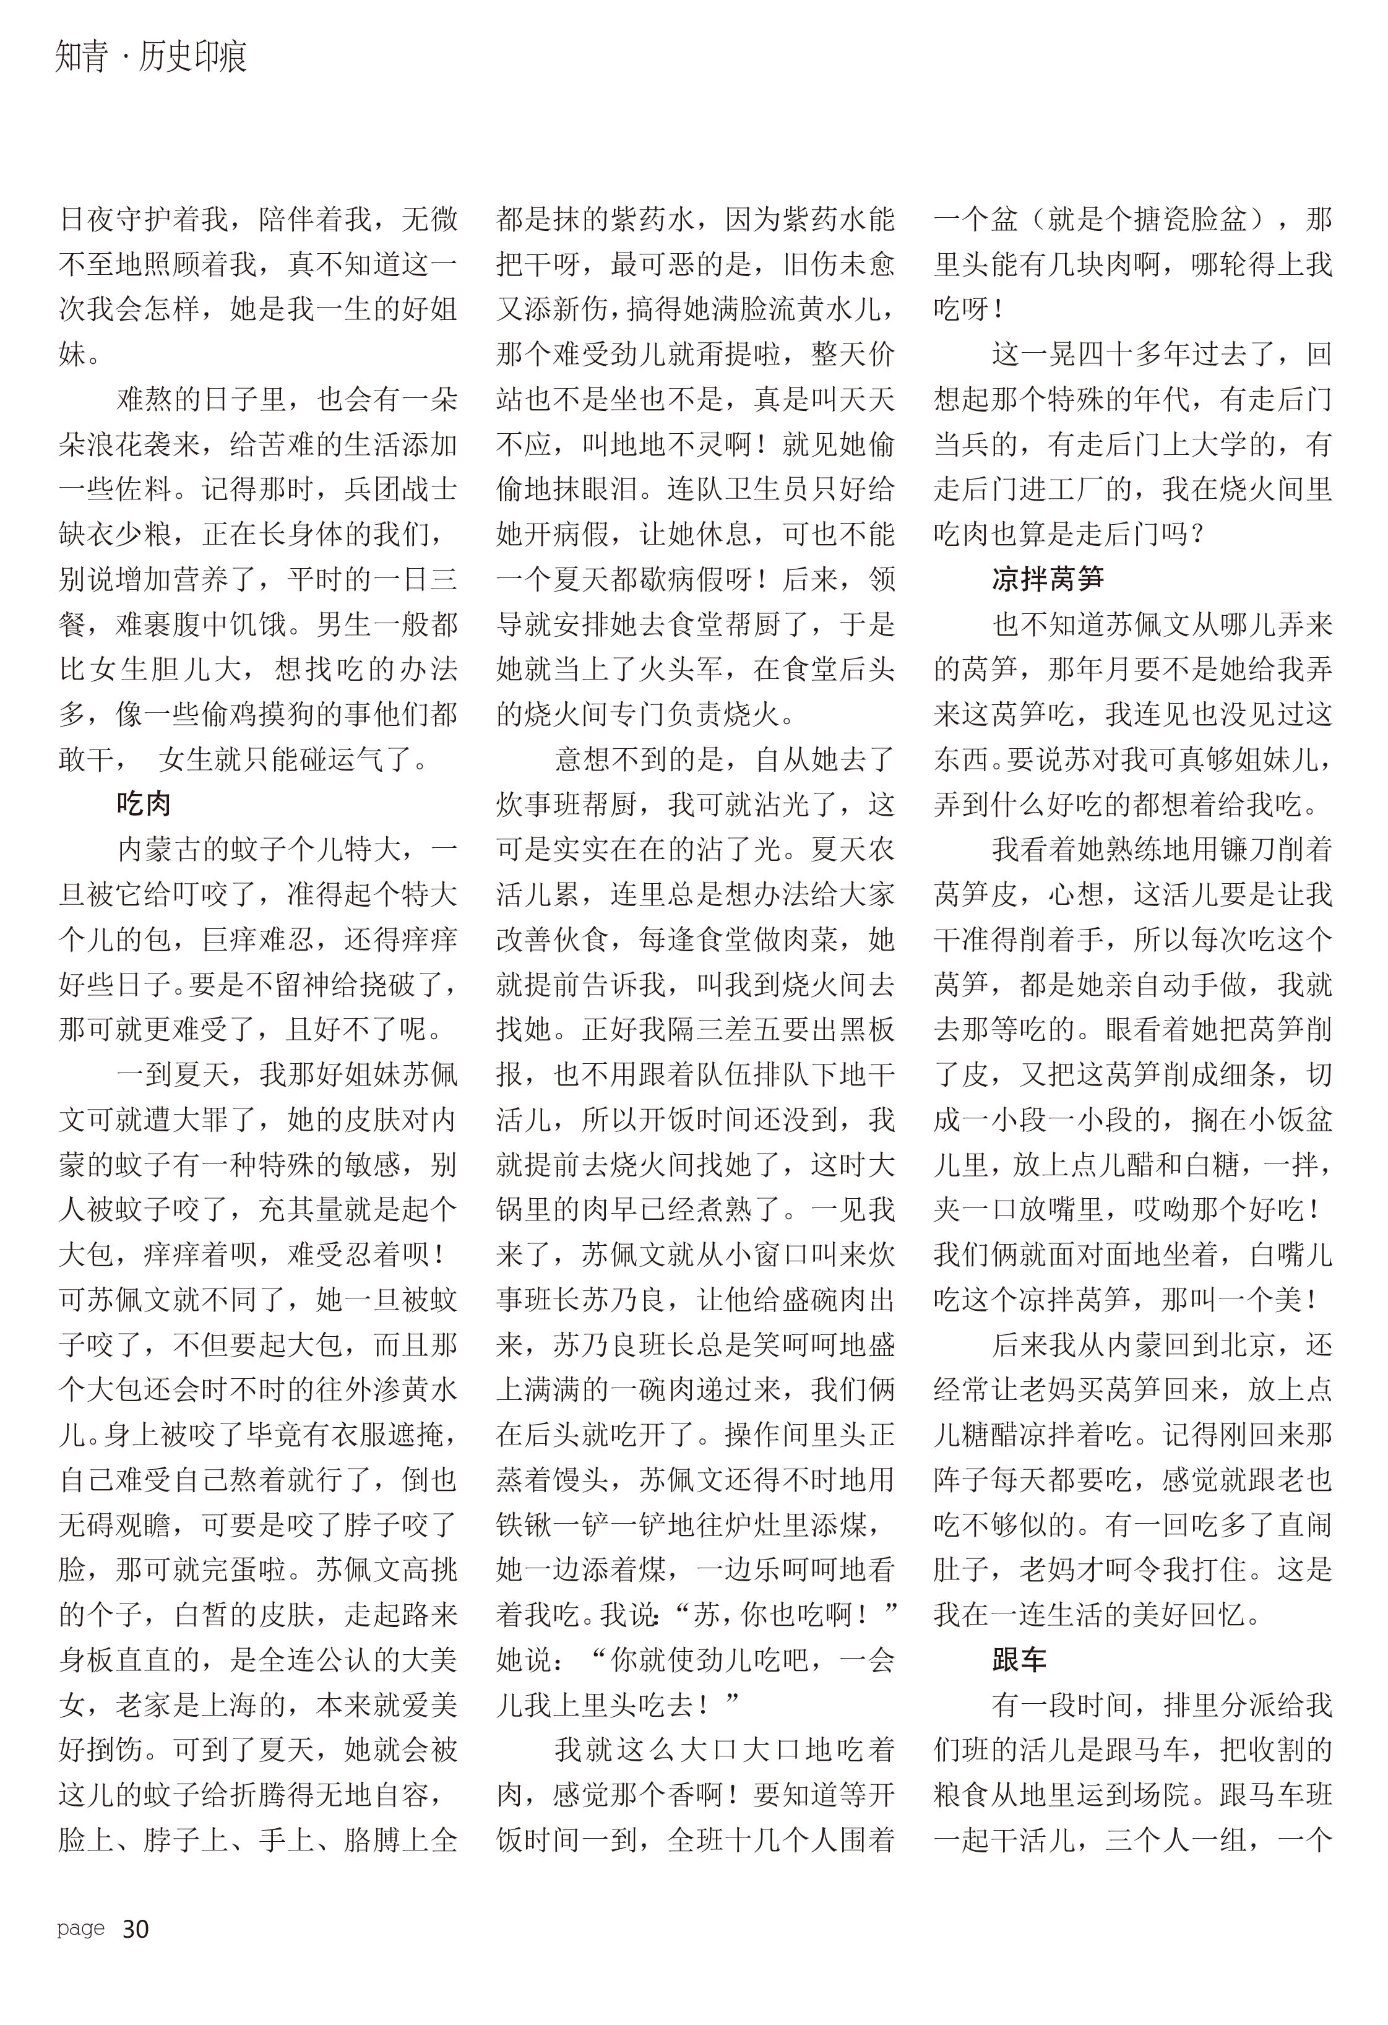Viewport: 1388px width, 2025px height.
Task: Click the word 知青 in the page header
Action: coord(83,58)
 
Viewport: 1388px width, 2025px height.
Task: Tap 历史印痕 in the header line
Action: coord(192,58)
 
